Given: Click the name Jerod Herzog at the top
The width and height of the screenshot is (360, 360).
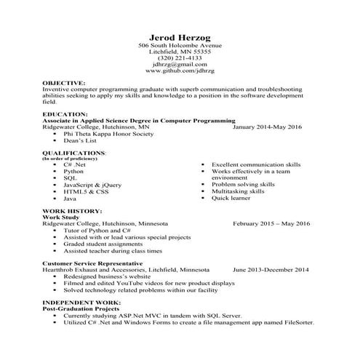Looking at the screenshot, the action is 179,37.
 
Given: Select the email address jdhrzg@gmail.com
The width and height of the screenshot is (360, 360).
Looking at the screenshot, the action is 179,65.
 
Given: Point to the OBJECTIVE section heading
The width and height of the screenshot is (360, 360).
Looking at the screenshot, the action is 64,84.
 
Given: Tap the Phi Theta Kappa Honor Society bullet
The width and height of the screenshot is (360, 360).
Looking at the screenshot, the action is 109,133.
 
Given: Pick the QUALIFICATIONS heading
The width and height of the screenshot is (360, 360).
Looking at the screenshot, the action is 74,153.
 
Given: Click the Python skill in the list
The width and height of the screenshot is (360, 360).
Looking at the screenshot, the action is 73,171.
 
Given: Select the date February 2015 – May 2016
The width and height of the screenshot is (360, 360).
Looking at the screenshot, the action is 271,223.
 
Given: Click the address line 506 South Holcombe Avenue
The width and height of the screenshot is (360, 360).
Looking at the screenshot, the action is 179,46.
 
